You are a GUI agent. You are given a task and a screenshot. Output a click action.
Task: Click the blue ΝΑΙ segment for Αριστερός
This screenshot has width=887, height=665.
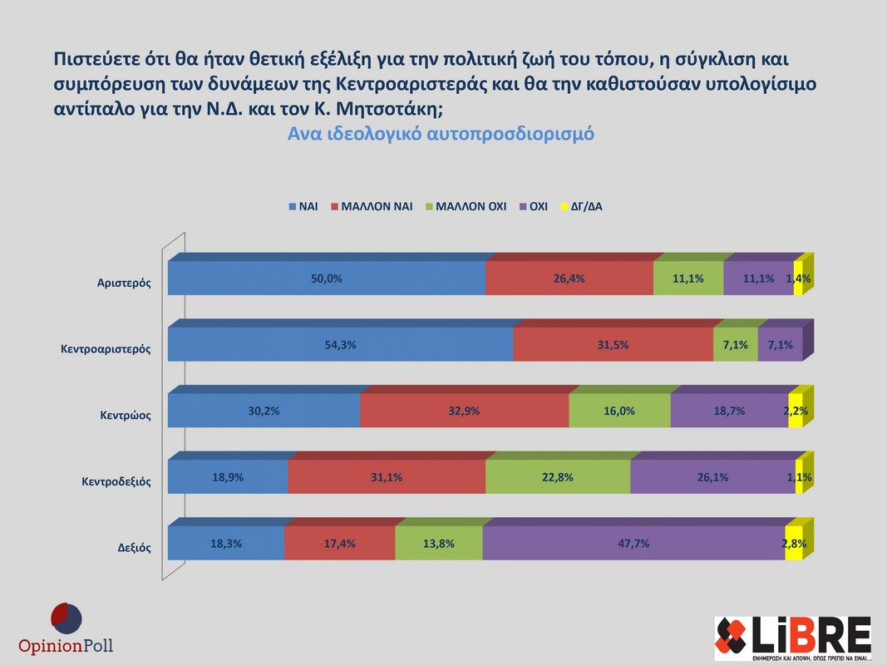pyautogui.click(x=326, y=278)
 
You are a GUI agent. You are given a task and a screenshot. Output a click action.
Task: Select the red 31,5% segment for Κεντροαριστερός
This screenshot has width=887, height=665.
pyautogui.click(x=613, y=345)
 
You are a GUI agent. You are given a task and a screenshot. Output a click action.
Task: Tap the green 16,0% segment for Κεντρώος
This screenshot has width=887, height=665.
pyautogui.click(x=619, y=411)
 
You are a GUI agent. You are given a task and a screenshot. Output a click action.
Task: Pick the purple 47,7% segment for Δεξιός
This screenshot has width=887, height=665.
pyautogui.click(x=633, y=544)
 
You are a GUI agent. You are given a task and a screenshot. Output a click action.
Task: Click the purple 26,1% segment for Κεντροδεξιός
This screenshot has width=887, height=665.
pyautogui.click(x=712, y=477)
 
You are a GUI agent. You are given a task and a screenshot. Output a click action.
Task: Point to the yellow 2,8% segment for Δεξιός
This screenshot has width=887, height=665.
pyautogui.click(x=794, y=544)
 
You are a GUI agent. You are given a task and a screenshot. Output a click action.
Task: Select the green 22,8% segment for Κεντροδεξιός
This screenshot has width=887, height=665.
pyautogui.click(x=558, y=477)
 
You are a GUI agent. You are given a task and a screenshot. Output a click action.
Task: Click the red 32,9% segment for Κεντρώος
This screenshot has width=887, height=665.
pyautogui.click(x=464, y=411)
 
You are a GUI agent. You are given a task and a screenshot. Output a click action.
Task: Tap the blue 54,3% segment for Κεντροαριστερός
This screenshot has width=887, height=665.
pyautogui.click(x=340, y=345)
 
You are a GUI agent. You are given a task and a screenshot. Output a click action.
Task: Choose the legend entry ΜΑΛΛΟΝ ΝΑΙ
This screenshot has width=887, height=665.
pyautogui.click(x=377, y=206)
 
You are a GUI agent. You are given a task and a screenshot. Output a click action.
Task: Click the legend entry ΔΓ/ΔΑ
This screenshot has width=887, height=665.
pyautogui.click(x=585, y=206)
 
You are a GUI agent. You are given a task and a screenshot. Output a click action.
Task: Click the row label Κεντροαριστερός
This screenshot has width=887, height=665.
pyautogui.click(x=105, y=349)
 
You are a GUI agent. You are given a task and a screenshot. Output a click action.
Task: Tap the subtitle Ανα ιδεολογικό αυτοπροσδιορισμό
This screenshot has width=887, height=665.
pyautogui.click(x=441, y=134)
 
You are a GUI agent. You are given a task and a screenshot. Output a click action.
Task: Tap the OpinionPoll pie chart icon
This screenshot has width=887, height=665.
pyautogui.click(x=66, y=618)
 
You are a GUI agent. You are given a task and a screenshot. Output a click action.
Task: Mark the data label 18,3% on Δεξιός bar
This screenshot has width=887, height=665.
pyautogui.click(x=226, y=544)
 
